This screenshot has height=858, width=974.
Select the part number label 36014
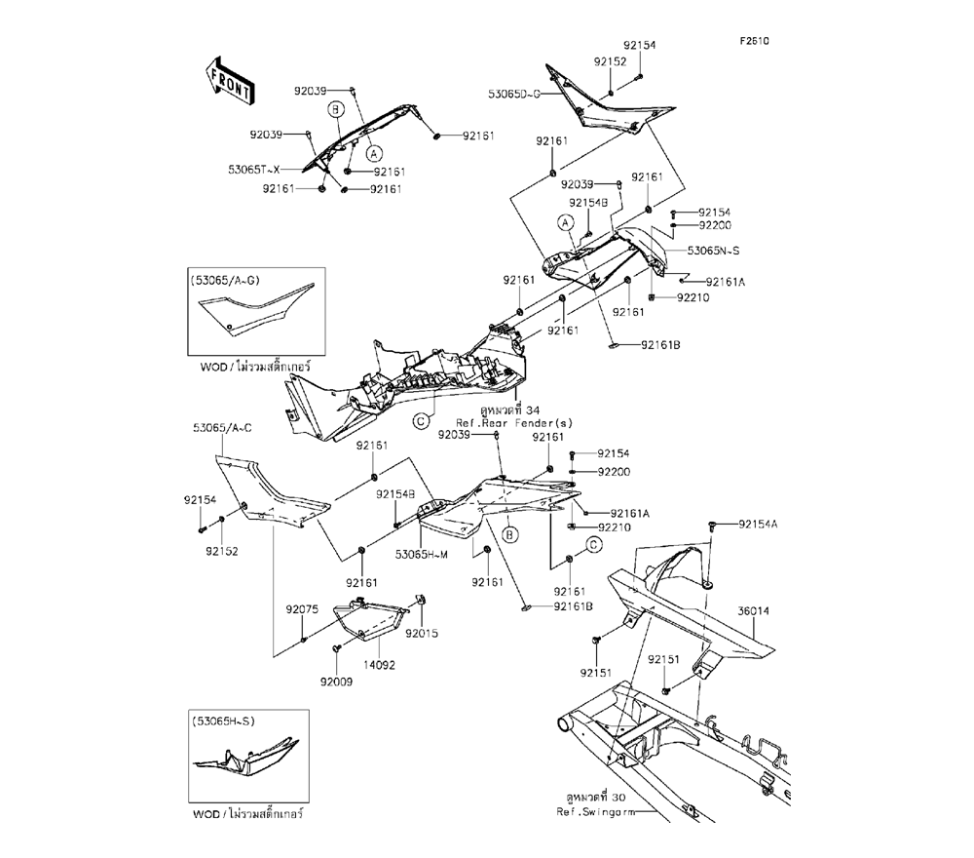coord(753,612)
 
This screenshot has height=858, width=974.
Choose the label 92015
coord(422,633)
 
